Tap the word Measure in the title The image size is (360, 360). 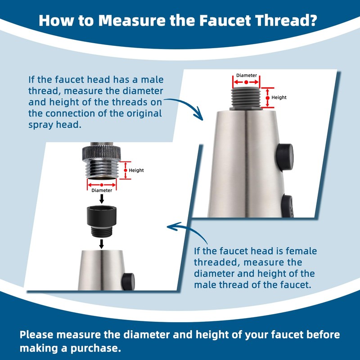click(x=132, y=21)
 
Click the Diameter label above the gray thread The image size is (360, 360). click(x=247, y=75)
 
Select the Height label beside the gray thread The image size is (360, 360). click(x=279, y=97)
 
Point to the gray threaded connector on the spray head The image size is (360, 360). click(x=246, y=98)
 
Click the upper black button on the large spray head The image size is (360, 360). click(x=285, y=157)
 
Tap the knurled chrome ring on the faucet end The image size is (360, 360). click(x=102, y=153)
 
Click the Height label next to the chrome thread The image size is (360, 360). click(x=136, y=171)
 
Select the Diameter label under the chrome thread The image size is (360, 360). click(x=102, y=190)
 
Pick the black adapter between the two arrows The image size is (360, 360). click(x=102, y=221)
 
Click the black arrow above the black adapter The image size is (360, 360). click(x=102, y=199)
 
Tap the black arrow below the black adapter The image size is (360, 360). click(x=101, y=244)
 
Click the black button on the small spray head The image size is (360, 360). click(x=128, y=281)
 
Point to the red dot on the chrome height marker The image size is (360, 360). click(x=126, y=171)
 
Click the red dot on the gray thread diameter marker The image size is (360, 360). click(x=246, y=82)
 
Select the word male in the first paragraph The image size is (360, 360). click(x=152, y=80)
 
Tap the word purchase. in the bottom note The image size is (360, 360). click(x=96, y=348)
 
